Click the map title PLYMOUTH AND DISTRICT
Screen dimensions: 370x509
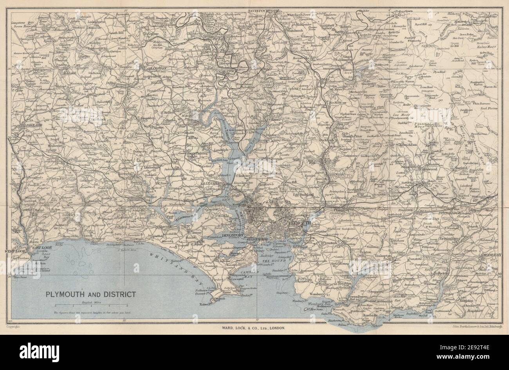[x=91, y=294]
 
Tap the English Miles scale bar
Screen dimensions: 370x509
[x=91, y=305]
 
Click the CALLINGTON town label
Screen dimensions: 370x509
[x=154, y=68]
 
